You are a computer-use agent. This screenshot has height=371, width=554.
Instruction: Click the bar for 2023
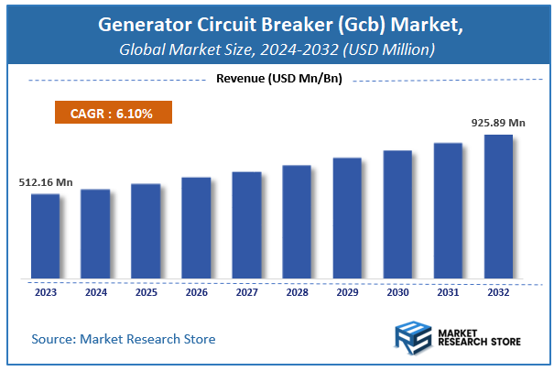(45, 235)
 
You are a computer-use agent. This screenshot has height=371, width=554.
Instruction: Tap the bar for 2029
(347, 218)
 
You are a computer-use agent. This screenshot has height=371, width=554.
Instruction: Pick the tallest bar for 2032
(498, 206)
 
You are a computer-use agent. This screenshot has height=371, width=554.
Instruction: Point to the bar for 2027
(246, 224)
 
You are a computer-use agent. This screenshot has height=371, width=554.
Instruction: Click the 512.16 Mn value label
(46, 182)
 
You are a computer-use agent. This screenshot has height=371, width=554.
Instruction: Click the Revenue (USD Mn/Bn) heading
(278, 79)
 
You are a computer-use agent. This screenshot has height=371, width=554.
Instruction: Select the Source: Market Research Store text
(124, 339)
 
